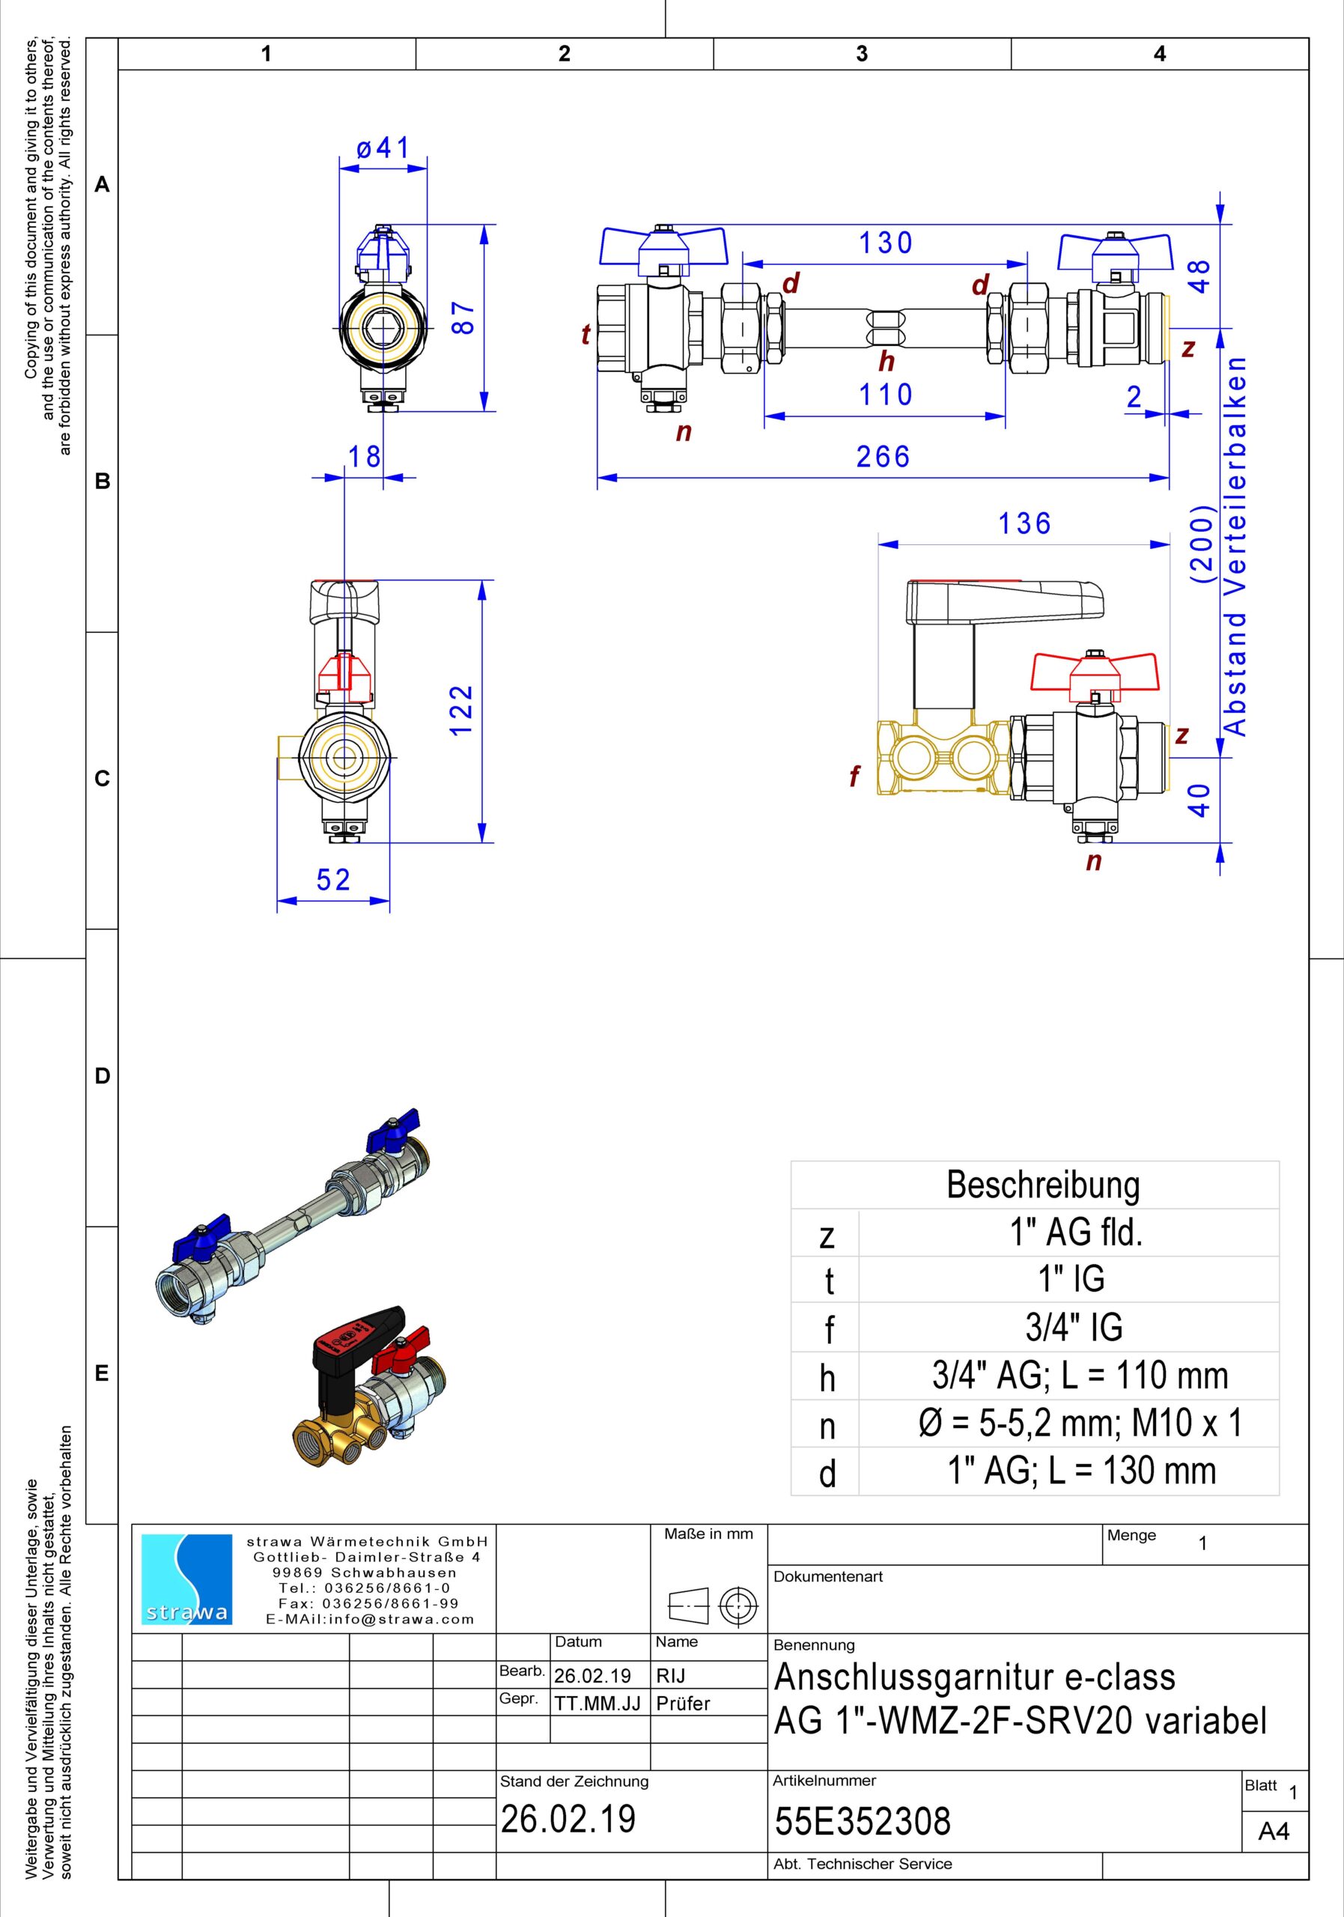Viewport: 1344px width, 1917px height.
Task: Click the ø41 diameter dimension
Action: [383, 148]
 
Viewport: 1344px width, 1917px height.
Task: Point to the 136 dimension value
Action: [1025, 523]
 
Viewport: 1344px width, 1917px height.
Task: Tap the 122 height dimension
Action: [462, 710]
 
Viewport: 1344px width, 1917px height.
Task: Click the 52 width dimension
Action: [333, 879]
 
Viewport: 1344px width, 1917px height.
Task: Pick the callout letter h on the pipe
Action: [887, 362]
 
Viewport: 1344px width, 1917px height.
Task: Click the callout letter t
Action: [586, 334]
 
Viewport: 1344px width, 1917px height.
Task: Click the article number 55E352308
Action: [863, 1820]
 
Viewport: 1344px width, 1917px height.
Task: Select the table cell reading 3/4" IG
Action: [1074, 1327]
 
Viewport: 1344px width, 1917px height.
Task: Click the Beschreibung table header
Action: [1043, 1184]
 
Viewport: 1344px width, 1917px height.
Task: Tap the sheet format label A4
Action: [1274, 1831]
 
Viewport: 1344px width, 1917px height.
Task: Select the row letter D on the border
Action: [102, 1075]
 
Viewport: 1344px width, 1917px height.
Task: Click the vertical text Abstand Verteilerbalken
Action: [1235, 546]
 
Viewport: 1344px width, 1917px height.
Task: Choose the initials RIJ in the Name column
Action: [670, 1676]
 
